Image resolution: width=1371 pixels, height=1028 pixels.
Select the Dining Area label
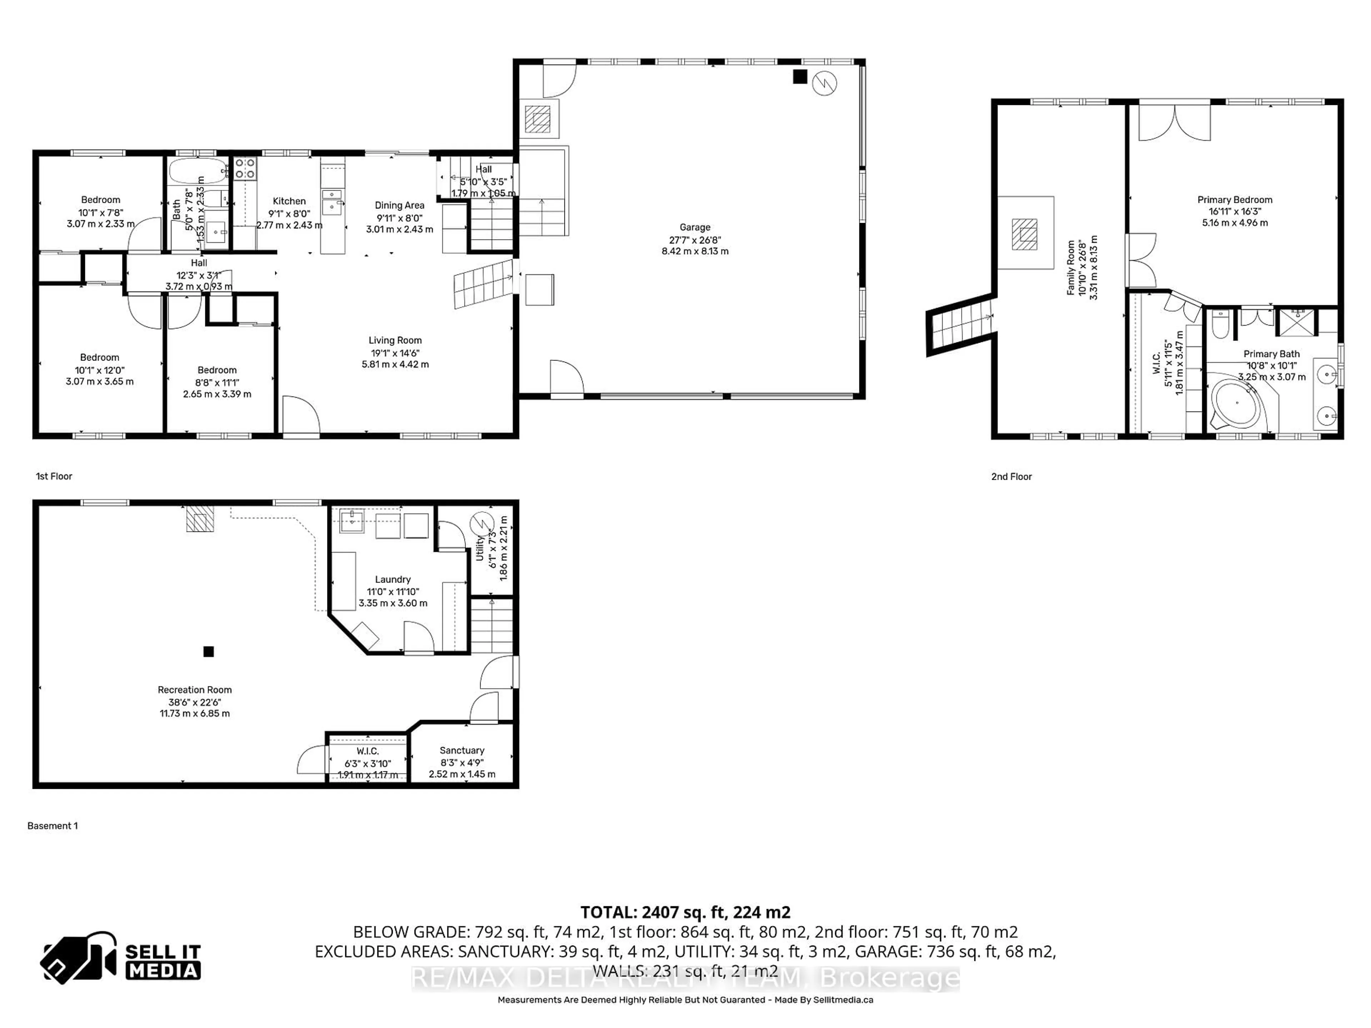[x=399, y=205]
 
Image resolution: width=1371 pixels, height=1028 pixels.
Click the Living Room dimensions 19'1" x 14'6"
[x=395, y=353]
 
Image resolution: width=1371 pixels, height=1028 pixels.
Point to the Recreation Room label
[x=195, y=690]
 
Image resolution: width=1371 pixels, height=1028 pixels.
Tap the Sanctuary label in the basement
[x=462, y=750]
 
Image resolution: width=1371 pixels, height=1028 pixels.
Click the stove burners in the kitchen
[x=245, y=168]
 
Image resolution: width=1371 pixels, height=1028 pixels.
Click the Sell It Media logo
[x=121, y=957]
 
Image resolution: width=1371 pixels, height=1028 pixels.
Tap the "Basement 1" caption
[x=53, y=825]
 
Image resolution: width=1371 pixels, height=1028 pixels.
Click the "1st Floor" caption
[x=54, y=476]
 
